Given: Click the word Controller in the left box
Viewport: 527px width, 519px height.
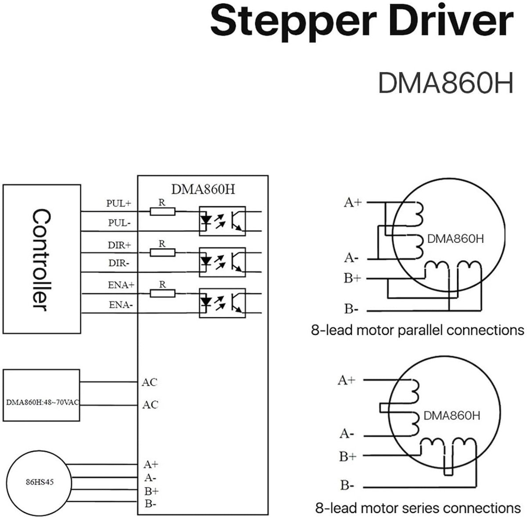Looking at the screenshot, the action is [x=41, y=260].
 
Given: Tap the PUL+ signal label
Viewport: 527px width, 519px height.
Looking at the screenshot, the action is [x=119, y=203].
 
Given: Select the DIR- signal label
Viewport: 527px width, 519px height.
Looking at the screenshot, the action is [x=119, y=263].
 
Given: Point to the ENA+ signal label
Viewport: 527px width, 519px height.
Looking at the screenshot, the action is [x=121, y=285].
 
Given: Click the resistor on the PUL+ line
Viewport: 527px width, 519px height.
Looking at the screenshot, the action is [x=162, y=211].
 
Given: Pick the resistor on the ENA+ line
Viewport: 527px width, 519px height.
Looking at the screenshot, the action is [x=162, y=294].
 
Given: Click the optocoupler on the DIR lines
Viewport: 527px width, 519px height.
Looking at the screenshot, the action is [x=222, y=262].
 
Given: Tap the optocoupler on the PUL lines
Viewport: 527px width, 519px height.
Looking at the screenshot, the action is [x=222, y=221].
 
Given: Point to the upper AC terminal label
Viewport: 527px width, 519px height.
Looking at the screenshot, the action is [x=149, y=382].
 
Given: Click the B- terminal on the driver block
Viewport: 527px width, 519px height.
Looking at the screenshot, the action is [x=151, y=503].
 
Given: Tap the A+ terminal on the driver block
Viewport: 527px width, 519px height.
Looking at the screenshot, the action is [x=151, y=464].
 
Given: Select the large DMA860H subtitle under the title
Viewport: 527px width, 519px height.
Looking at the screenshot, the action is [x=446, y=83].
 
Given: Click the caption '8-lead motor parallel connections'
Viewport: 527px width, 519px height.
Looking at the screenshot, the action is [x=417, y=330].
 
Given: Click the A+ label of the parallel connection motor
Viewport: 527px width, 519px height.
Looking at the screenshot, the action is [x=353, y=202].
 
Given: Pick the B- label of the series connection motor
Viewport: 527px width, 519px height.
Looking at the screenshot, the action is [x=347, y=485].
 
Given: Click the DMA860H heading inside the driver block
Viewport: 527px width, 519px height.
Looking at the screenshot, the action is [x=203, y=189].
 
